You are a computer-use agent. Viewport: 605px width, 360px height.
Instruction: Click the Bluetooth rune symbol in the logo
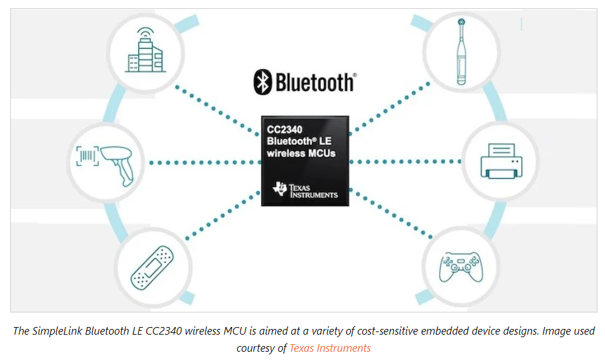(x=263, y=81)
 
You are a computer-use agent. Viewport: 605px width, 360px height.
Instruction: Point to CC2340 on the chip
(x=285, y=130)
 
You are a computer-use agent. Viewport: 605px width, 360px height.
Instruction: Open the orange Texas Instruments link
(x=330, y=347)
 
